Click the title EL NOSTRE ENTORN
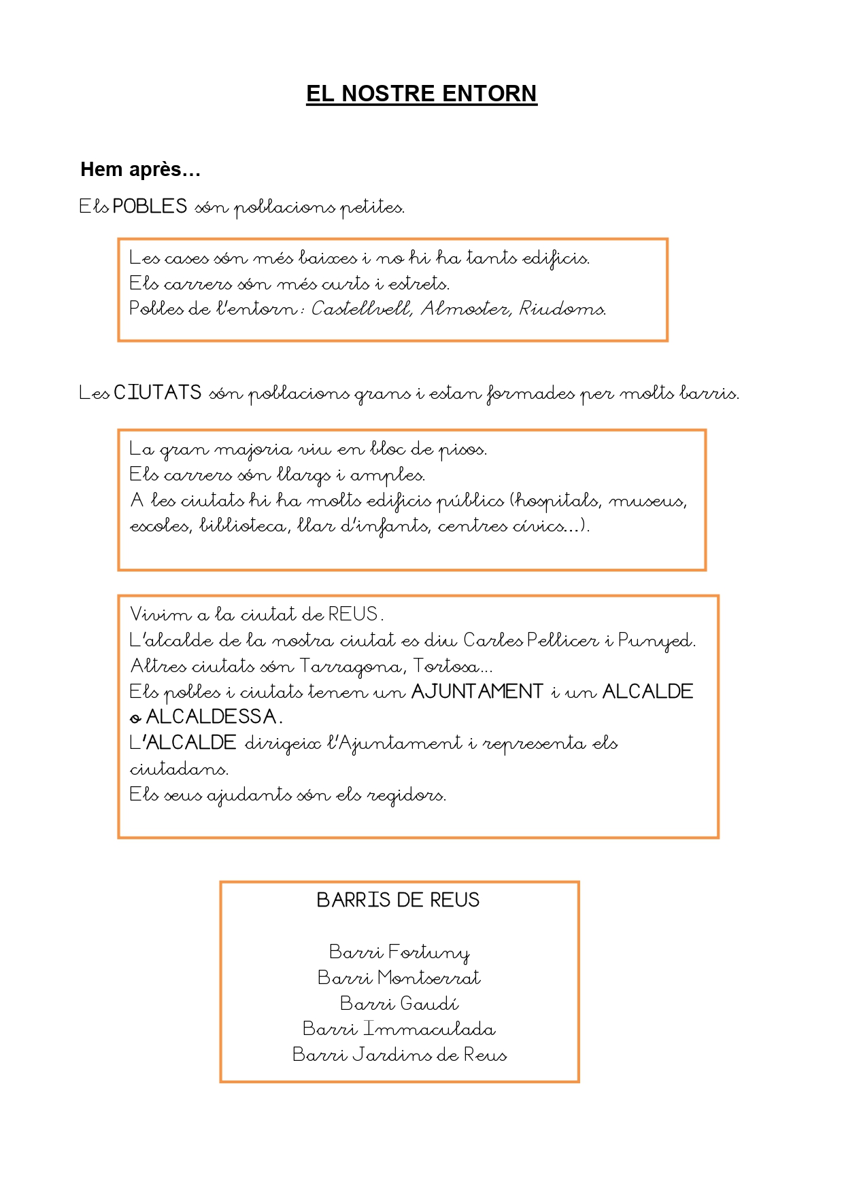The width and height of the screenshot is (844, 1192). [421, 94]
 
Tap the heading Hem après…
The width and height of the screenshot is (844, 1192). [140, 169]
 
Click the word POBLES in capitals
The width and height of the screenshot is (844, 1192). [150, 206]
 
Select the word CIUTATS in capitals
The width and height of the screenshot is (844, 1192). [158, 393]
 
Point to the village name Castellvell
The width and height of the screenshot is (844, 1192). [362, 309]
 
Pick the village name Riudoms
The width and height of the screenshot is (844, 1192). [562, 309]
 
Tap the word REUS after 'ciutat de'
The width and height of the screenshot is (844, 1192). [353, 614]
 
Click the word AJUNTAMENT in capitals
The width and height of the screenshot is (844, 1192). [477, 692]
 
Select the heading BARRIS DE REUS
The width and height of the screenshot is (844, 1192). [399, 900]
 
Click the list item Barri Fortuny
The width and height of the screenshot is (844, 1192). [399, 952]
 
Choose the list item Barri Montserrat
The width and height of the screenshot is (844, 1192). [399, 978]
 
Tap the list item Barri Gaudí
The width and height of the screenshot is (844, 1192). [399, 1004]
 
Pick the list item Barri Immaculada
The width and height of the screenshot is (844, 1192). [399, 1029]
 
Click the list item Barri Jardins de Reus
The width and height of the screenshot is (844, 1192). [399, 1055]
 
